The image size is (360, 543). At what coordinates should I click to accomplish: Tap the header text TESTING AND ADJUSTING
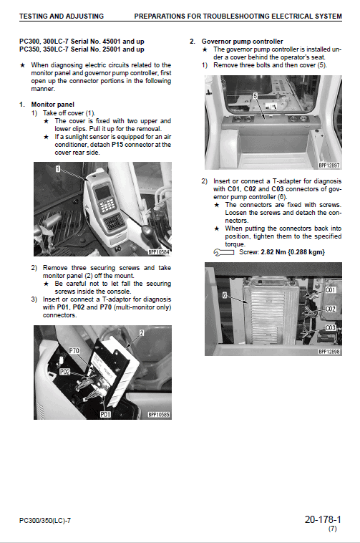pos(62,16)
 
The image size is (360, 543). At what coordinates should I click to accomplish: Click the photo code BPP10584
pos(158,252)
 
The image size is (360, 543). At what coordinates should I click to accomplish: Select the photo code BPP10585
pos(158,414)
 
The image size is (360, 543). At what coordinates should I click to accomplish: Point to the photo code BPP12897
pos(329,165)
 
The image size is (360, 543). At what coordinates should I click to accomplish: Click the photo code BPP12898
pos(329,352)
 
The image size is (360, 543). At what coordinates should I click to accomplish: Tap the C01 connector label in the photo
pos(331,290)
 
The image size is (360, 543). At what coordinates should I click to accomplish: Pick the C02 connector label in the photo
pos(331,309)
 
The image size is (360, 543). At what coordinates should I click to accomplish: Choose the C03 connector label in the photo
pos(331,327)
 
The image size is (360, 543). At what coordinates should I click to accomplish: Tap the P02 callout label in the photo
pos(64,373)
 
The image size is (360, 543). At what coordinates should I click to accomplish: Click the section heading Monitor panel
pos(54,105)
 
